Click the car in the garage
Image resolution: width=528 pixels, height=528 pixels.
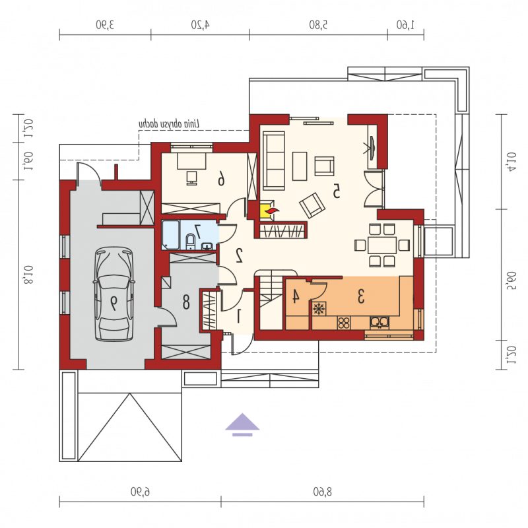pos(114,294)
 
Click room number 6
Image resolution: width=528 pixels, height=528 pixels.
pos(221,178)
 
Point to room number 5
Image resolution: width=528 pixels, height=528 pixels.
pos(336,191)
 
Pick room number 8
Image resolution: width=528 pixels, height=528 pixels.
pos(186,302)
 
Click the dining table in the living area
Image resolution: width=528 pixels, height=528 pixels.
pos(382,245)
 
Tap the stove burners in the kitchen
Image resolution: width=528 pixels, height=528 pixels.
pos(344,323)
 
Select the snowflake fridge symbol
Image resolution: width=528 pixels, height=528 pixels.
pos(319,309)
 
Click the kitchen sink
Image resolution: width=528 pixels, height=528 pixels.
pos(379,322)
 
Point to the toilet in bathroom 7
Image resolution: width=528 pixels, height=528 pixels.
pos(191,241)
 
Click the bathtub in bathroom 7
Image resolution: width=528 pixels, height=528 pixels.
pos(170,235)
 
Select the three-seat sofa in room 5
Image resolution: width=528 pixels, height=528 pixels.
pos(274,160)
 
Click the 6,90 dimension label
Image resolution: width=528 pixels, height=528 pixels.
pos(140,492)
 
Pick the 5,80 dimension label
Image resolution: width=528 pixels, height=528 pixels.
pos(318,24)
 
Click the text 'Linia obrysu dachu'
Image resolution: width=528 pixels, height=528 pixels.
pos(169,123)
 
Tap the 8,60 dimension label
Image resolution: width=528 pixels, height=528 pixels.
pos(322,492)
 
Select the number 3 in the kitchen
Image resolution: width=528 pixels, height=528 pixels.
pos(360,296)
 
